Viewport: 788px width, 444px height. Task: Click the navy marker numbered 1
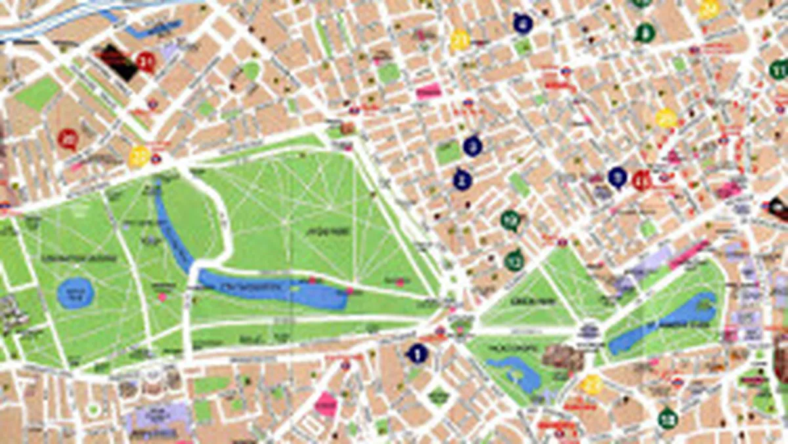[417, 354]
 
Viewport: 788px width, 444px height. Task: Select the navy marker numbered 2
[462, 180]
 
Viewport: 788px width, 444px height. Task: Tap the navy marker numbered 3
[472, 146]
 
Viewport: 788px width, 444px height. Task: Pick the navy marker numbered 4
[523, 24]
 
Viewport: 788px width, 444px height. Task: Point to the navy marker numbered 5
[617, 177]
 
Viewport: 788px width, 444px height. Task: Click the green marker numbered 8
[646, 32]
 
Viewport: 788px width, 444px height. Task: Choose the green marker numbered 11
[779, 69]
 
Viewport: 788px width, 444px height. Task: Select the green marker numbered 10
[511, 220]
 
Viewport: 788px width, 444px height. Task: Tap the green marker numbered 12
[514, 260]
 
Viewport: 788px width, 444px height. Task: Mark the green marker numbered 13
[668, 418]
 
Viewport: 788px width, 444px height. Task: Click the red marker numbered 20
[68, 139]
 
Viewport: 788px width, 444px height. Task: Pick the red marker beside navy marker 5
[642, 180]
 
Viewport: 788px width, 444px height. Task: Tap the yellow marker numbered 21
[460, 41]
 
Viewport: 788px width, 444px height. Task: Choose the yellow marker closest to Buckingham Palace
[592, 384]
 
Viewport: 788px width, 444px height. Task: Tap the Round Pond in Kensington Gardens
[76, 293]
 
